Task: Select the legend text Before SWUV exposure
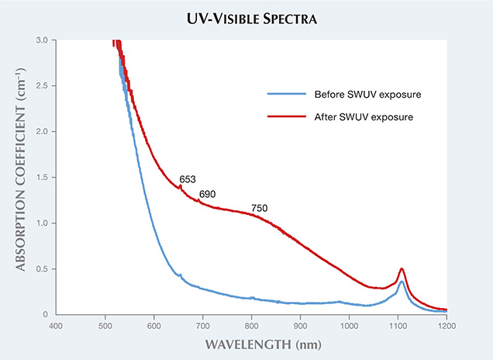357,95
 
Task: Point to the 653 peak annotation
188,179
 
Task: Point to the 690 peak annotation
208,193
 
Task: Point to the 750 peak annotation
260,208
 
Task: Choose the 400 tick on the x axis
56,326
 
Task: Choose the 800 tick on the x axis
251,326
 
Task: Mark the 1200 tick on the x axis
446,326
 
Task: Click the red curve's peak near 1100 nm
401,269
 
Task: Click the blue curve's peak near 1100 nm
401,282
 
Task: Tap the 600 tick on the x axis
153,326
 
